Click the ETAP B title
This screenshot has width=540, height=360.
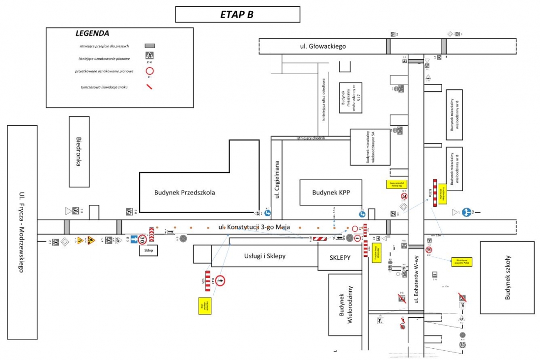pyautogui.click(x=237, y=14)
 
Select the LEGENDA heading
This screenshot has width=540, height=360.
pyautogui.click(x=92, y=34)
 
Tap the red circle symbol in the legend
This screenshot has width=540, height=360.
pyautogui.click(x=150, y=71)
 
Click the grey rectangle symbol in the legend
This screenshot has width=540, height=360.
pyautogui.click(x=150, y=46)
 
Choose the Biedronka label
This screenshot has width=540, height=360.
pyautogui.click(x=79, y=152)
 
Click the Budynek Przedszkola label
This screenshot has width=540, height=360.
pyautogui.click(x=184, y=193)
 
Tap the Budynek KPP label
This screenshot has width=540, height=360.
pyautogui.click(x=330, y=193)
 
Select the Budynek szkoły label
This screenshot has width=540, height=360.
pyautogui.click(x=508, y=278)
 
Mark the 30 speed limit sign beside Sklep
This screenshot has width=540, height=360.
pyautogui.click(x=142, y=240)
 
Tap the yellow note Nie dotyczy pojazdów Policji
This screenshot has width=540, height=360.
pyautogui.click(x=462, y=262)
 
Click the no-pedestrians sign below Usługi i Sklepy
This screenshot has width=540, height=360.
pyautogui.click(x=221, y=281)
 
